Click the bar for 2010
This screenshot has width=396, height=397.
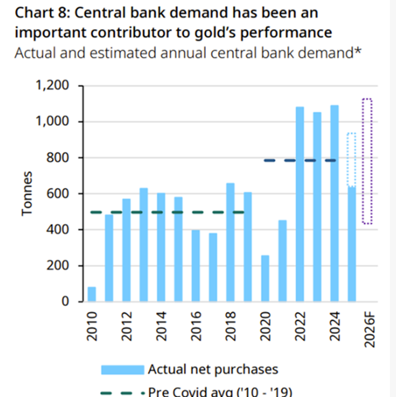[92, 295]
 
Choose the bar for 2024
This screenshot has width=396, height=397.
[335, 203]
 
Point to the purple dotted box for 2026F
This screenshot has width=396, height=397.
[367, 161]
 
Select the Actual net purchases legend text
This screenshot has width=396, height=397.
[213, 369]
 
